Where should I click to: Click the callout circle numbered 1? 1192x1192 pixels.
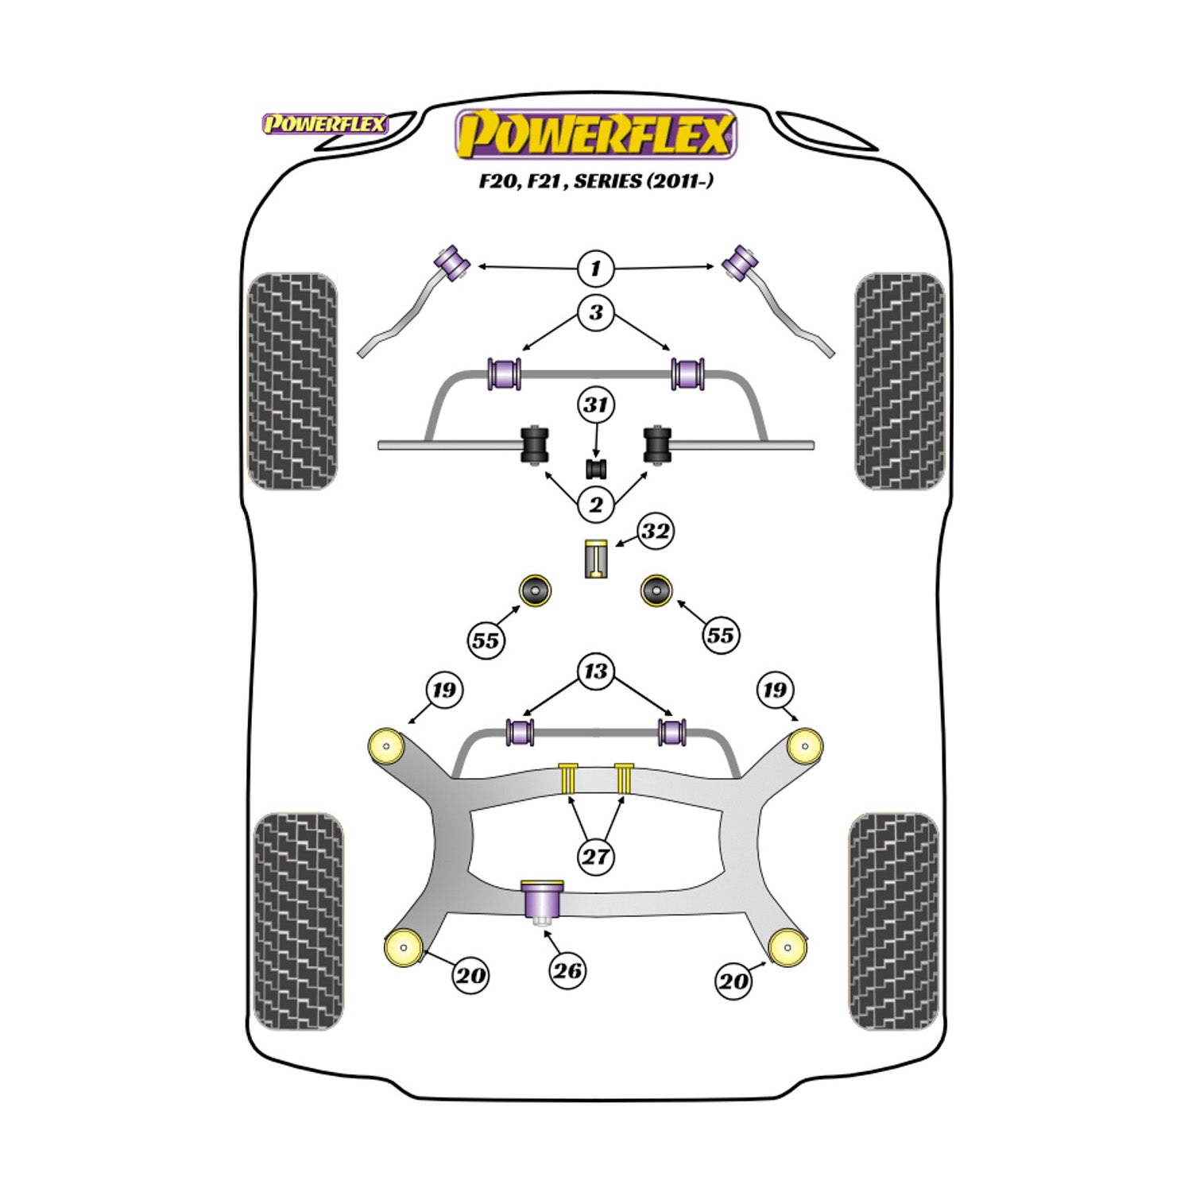tap(595, 269)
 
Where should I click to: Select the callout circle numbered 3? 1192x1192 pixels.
tap(595, 312)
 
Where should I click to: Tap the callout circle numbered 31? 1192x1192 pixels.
tap(595, 405)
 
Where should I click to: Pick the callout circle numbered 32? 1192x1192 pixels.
tap(655, 532)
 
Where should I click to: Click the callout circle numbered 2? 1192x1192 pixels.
tap(595, 504)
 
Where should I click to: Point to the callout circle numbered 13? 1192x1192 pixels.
tap(595, 671)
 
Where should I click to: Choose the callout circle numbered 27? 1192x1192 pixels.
tap(595, 856)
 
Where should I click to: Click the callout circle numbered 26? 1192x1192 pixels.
tap(567, 970)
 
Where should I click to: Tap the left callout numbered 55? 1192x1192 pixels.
tap(486, 640)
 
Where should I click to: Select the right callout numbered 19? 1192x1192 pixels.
tap(775, 690)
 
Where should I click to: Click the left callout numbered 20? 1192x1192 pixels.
tap(470, 975)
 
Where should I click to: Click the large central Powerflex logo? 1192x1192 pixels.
tap(595, 134)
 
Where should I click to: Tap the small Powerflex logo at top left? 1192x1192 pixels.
tap(325, 124)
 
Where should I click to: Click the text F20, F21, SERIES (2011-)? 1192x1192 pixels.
tap(595, 181)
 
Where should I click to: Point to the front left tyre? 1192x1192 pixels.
tap(292, 381)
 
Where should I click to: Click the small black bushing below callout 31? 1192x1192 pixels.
tap(596, 468)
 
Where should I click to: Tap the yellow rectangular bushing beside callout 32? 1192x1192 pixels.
tap(595, 559)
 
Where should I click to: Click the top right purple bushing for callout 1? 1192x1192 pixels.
tap(740, 262)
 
